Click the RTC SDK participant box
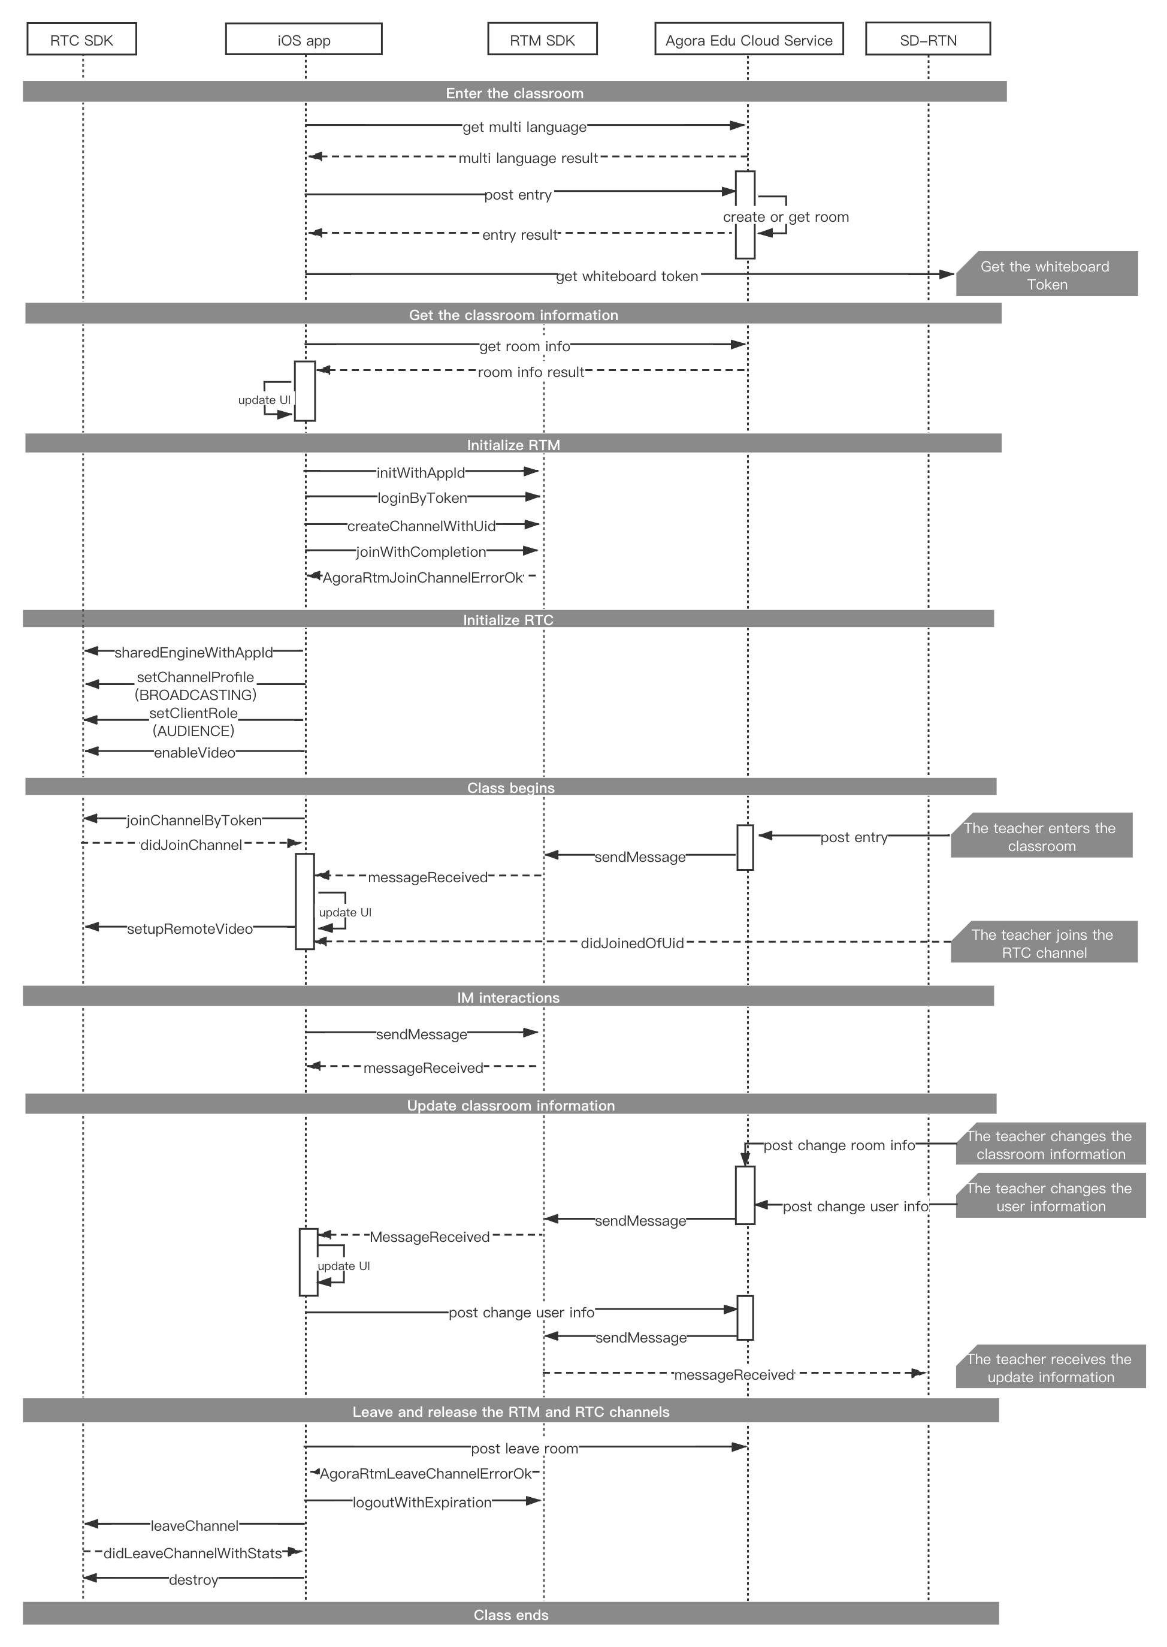coord(82,39)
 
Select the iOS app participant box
coord(304,39)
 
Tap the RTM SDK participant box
coord(543,39)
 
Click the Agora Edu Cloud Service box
coord(749,39)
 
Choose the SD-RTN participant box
coord(929,39)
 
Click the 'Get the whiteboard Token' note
coord(1047,274)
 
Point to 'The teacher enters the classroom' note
coord(1041,835)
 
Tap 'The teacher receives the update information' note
coord(1051,1367)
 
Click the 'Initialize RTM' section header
coord(513,444)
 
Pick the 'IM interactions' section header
coord(508,996)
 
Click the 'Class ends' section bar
coord(510,1615)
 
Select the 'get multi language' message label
coord(525,127)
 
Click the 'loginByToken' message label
coord(422,498)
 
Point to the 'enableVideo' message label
coord(195,753)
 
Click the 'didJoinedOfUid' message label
coord(633,943)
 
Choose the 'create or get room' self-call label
coord(786,217)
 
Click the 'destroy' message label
coord(194,1580)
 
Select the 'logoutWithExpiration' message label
coord(422,1503)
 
